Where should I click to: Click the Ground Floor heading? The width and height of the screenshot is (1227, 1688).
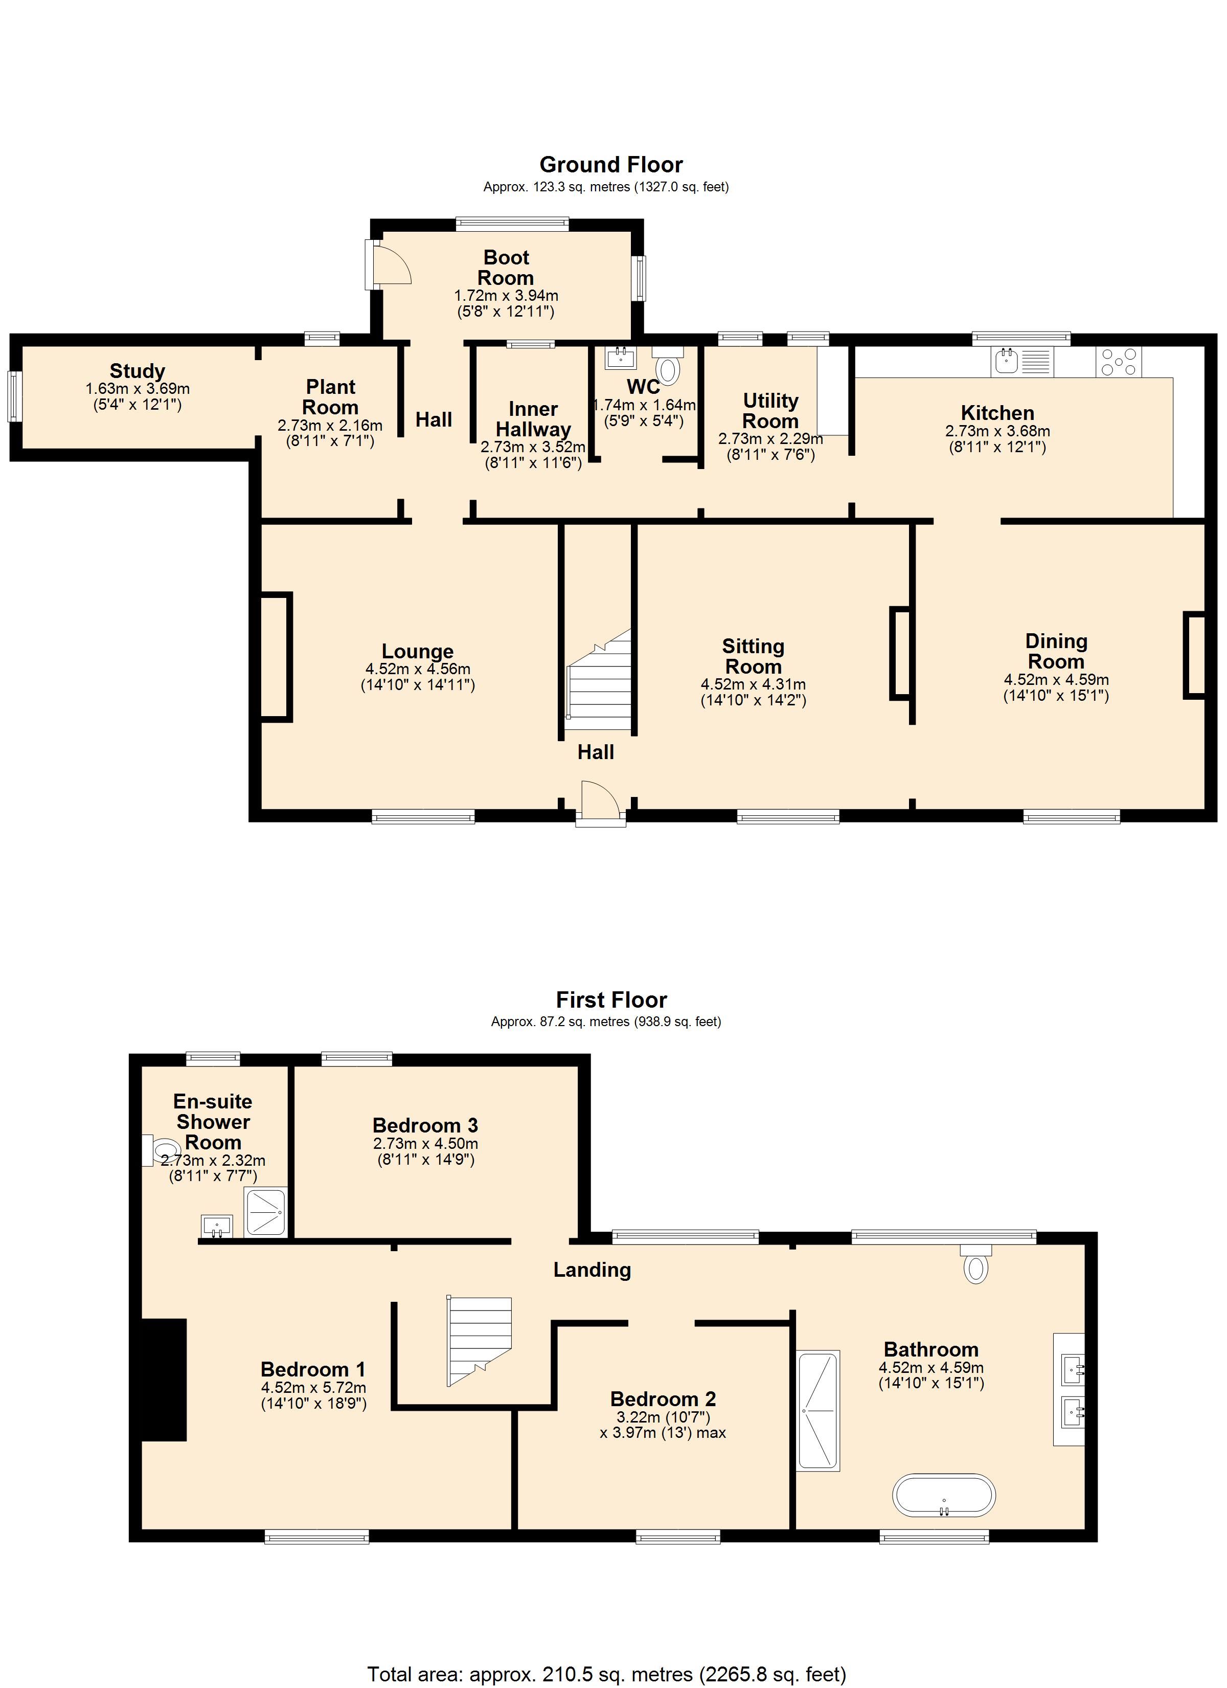tap(611, 165)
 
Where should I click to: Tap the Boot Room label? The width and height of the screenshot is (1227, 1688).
tap(506, 267)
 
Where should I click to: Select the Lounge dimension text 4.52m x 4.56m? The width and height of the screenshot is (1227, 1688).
tap(417, 669)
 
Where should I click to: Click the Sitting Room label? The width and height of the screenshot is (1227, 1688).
tap(753, 656)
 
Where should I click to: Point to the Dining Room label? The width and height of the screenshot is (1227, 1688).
tap(1056, 651)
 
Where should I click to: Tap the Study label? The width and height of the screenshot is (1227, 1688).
tap(138, 371)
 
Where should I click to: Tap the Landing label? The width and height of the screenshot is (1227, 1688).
tap(593, 1270)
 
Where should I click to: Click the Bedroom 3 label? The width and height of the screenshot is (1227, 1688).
tap(425, 1125)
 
